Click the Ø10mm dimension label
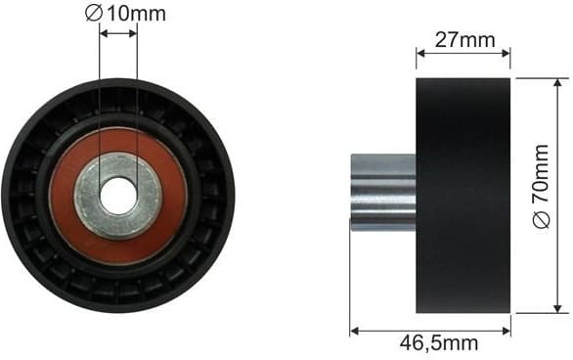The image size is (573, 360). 125,13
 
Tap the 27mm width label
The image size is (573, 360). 463,40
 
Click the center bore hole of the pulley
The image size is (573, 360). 118,197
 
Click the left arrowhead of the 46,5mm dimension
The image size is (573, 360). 354,330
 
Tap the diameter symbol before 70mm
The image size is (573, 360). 543,221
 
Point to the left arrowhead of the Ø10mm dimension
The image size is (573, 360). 104,33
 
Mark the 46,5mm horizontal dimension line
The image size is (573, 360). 430,330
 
